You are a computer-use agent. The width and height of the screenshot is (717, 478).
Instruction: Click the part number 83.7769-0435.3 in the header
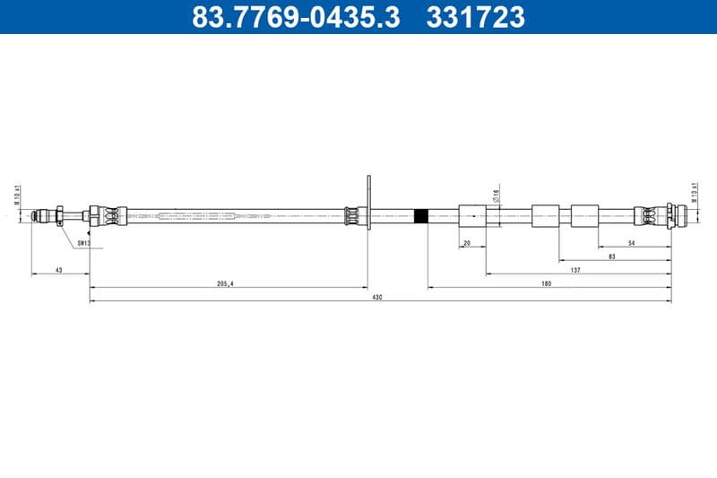[x=297, y=16]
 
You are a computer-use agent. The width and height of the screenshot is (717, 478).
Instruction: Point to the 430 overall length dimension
[x=377, y=298]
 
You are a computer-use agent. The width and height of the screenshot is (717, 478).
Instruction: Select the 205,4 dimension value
[x=225, y=283]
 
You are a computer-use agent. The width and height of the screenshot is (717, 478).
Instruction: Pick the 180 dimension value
[x=546, y=283]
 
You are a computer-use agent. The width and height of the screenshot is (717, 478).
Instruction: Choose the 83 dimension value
[x=611, y=256]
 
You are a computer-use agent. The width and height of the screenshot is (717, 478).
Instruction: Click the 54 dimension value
[x=631, y=243]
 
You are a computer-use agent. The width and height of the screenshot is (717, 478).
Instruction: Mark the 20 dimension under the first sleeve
[x=467, y=243]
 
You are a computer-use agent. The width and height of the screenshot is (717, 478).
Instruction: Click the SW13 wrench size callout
[x=83, y=243]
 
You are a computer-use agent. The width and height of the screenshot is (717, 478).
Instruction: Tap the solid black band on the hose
[x=420, y=215]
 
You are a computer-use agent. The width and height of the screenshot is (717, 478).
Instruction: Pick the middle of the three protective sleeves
[x=545, y=215]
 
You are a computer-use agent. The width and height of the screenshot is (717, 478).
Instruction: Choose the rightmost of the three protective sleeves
[x=584, y=215]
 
